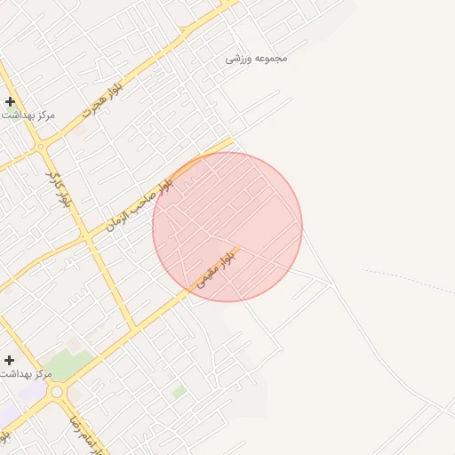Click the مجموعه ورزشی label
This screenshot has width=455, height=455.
point(256,59)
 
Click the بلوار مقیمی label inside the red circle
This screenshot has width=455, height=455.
point(214,267)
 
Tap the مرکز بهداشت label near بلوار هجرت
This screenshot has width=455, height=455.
point(30,116)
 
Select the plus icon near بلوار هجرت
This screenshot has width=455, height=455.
point(10,101)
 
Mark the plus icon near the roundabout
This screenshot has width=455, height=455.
point(9,360)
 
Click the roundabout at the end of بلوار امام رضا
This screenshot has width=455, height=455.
point(57,392)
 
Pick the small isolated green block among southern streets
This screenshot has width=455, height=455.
point(180,391)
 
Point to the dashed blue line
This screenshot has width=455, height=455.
point(409,276)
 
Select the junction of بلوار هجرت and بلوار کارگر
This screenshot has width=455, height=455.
point(39,145)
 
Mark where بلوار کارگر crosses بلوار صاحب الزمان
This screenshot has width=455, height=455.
point(86,238)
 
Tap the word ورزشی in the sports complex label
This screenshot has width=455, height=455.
point(237,60)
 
